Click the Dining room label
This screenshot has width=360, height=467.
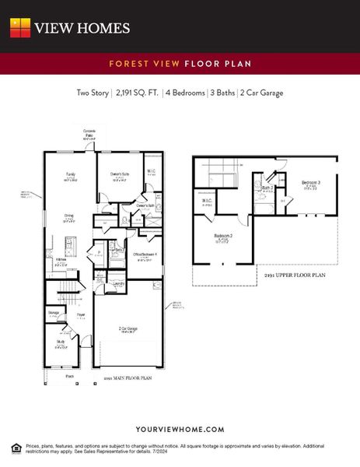pyautogui.click(x=68, y=216)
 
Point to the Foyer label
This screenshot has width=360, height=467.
pyautogui.click(x=81, y=315)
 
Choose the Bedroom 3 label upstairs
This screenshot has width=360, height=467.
pyautogui.click(x=311, y=183)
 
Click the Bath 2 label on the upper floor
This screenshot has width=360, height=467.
pyautogui.click(x=267, y=188)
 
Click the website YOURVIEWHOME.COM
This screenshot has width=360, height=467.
pyautogui.click(x=180, y=429)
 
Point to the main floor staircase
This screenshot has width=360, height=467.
pyautogui.click(x=68, y=295)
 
